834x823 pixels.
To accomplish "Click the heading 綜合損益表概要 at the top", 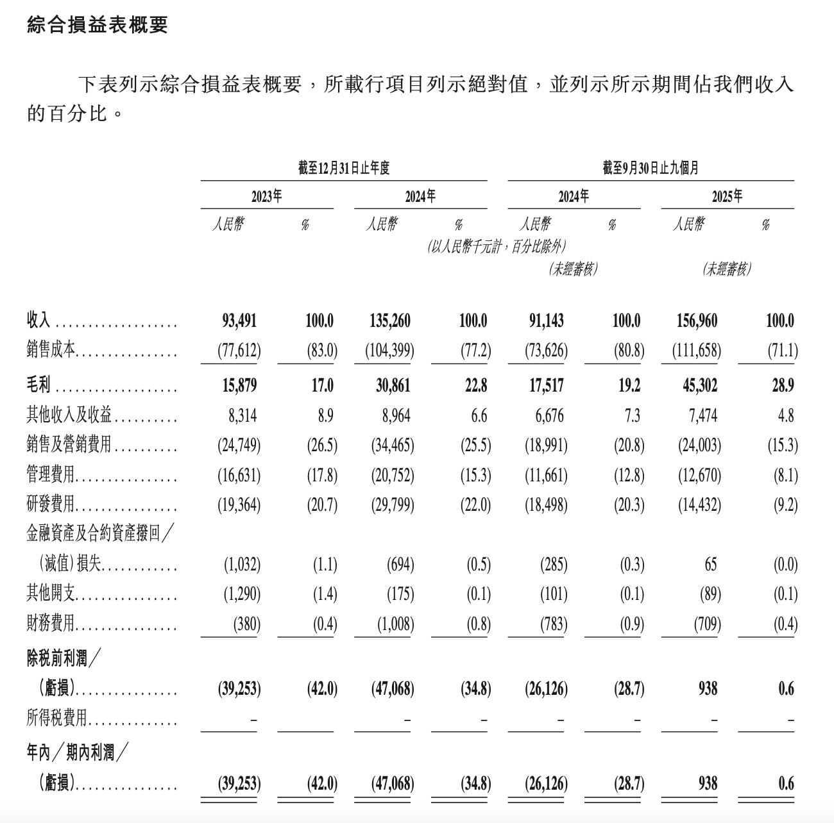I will [x=98, y=25].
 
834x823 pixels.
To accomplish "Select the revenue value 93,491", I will [x=239, y=320].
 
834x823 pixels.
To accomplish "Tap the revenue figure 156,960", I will [x=697, y=320].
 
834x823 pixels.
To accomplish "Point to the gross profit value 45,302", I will [x=697, y=385].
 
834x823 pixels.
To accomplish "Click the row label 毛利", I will [x=38, y=385].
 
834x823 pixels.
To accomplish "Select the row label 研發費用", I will [x=51, y=505].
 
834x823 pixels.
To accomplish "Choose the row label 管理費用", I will [x=51, y=476].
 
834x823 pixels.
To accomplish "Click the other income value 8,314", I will [x=243, y=416].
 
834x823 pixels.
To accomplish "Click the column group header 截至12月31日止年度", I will [x=344, y=169].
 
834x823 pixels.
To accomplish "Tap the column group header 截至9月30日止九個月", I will [x=651, y=169].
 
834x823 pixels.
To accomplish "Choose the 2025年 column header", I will [x=727, y=196].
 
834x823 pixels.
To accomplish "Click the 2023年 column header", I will [x=266, y=196].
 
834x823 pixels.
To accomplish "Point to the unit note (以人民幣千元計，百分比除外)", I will [x=497, y=247].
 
